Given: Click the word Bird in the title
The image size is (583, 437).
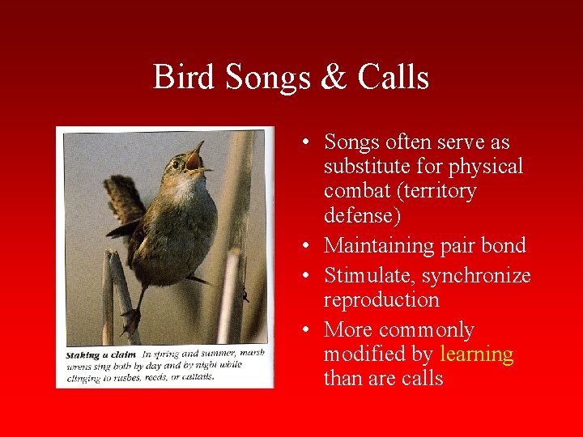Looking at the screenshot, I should [x=185, y=78].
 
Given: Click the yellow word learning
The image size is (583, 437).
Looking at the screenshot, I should [x=476, y=354].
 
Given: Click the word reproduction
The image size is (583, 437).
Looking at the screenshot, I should [x=381, y=299].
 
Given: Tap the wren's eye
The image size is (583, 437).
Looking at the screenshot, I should [x=176, y=164].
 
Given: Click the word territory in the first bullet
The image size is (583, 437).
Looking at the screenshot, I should [x=440, y=191].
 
